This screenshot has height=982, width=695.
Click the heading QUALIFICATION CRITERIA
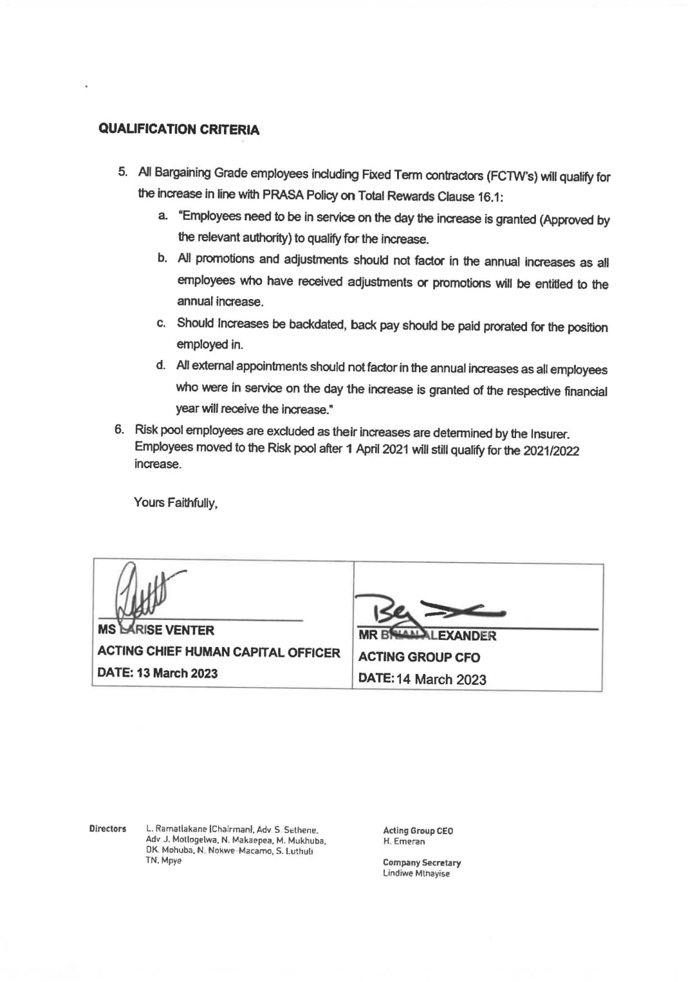[x=179, y=129]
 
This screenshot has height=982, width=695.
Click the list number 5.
[x=123, y=172]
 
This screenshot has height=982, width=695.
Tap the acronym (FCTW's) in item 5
[x=512, y=176]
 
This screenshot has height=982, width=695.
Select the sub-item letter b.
[x=162, y=259]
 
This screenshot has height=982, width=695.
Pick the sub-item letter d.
[x=161, y=365]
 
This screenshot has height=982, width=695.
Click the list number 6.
[x=119, y=429]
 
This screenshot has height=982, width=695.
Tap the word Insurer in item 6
[x=550, y=434]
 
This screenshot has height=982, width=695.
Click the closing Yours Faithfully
[x=176, y=502]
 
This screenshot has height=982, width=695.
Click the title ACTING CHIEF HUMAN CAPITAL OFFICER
[x=219, y=652]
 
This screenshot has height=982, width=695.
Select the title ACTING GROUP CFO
[x=419, y=657]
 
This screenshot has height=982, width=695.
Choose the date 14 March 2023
[x=441, y=679]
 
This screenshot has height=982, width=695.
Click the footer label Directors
[x=107, y=829]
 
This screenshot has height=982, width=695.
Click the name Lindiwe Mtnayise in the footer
[x=416, y=873]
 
